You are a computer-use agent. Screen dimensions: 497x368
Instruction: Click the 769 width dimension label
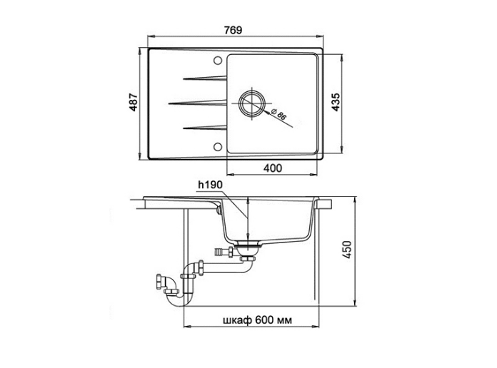233,30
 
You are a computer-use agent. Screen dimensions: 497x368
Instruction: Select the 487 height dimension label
134,102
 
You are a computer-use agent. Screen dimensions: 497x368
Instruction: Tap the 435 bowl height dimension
336,102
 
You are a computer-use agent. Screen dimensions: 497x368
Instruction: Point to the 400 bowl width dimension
273,168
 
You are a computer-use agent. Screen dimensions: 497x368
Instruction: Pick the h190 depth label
211,185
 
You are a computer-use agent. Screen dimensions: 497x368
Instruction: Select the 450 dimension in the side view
347,250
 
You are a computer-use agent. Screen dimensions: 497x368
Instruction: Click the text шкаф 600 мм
257,320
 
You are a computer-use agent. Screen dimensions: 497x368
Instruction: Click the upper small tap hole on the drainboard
217,61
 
